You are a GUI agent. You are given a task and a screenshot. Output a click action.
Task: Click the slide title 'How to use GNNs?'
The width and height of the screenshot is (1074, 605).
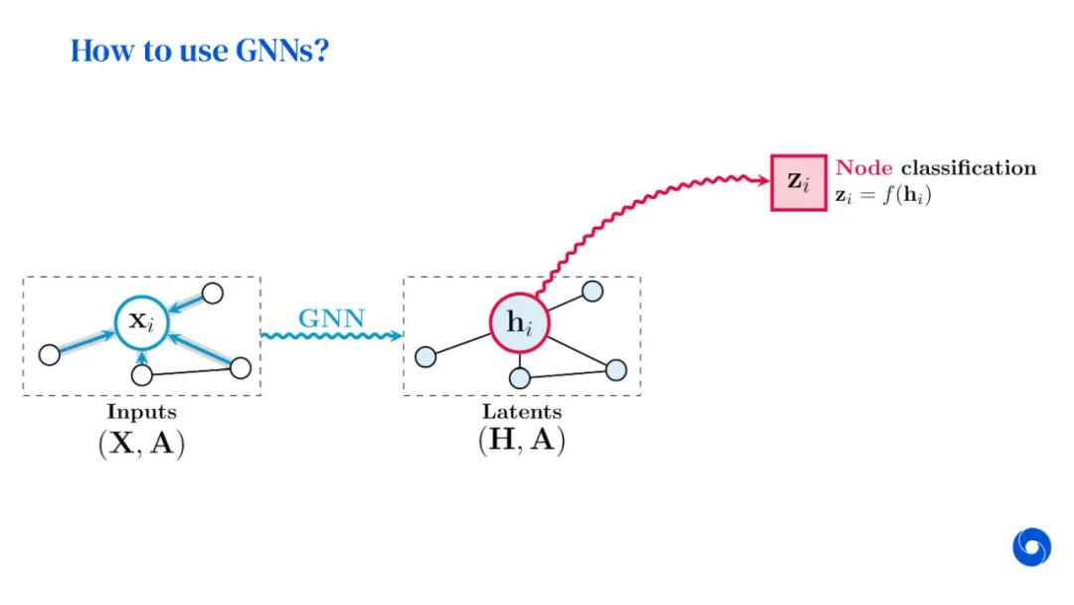click(199, 51)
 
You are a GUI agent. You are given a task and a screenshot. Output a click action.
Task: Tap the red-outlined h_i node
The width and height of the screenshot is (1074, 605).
click(519, 322)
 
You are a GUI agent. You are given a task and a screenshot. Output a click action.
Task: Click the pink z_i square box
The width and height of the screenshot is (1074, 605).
click(799, 181)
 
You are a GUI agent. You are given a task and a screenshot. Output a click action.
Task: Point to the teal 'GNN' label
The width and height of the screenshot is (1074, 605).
click(331, 319)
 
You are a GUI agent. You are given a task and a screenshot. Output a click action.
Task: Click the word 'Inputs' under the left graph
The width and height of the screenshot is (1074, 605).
click(141, 411)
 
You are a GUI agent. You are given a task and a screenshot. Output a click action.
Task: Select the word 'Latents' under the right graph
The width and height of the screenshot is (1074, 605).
click(522, 411)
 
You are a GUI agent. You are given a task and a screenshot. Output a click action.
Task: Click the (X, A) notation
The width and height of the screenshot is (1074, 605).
click(141, 443)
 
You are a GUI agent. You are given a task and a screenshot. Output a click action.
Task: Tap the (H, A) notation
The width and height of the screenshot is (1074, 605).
click(522, 440)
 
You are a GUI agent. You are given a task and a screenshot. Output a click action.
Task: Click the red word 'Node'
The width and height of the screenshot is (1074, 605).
click(863, 168)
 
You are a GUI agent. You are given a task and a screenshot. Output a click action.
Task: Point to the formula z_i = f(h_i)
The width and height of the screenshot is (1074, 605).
click(883, 195)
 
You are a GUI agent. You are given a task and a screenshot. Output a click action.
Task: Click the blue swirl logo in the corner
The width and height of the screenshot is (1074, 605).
click(1031, 546)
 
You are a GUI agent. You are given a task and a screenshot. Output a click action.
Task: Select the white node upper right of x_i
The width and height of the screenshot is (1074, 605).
click(212, 294)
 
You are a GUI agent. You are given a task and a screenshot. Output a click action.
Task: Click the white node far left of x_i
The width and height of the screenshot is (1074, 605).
click(49, 353)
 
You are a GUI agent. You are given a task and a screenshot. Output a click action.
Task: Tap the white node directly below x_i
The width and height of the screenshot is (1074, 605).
click(142, 375)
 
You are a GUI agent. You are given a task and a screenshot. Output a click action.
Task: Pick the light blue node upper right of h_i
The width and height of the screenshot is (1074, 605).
click(592, 291)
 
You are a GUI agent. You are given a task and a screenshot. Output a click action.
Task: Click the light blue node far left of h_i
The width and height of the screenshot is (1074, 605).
click(425, 356)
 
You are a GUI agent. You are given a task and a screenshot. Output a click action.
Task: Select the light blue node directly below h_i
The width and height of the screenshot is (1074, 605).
click(519, 378)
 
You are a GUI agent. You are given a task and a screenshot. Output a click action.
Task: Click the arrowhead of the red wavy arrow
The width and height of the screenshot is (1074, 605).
click(763, 182)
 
